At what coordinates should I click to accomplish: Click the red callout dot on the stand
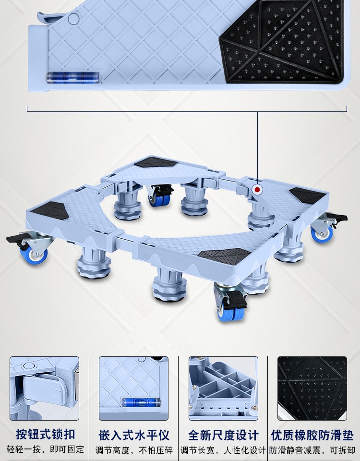pos(257,190)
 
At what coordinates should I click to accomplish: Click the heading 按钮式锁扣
pos(45,434)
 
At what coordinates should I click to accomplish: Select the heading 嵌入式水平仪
pos(134,435)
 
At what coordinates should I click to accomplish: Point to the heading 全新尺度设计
pos(223,435)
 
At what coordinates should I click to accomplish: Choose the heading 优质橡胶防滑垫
pos(312,435)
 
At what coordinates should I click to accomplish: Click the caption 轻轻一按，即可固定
pos(45,449)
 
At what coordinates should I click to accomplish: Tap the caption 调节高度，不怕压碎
pos(134,450)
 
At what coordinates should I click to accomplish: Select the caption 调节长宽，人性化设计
pos(223,450)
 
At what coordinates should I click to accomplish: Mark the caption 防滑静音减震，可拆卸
pos(312,450)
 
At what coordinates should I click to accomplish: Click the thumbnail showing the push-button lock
pos(44,388)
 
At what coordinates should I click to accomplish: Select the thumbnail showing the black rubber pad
pos(312,388)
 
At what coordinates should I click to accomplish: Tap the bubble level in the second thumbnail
pos(141,402)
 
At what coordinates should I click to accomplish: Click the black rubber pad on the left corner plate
pos(50,210)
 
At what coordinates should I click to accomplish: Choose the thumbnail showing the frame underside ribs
pos(223,388)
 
